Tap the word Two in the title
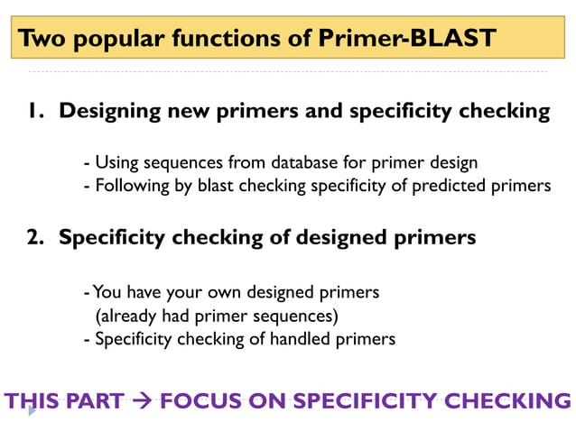point(41,39)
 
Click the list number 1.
point(35,112)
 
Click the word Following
point(130,186)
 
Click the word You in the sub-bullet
point(108,292)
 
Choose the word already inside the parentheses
point(131,316)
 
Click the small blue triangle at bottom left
point(33,410)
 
